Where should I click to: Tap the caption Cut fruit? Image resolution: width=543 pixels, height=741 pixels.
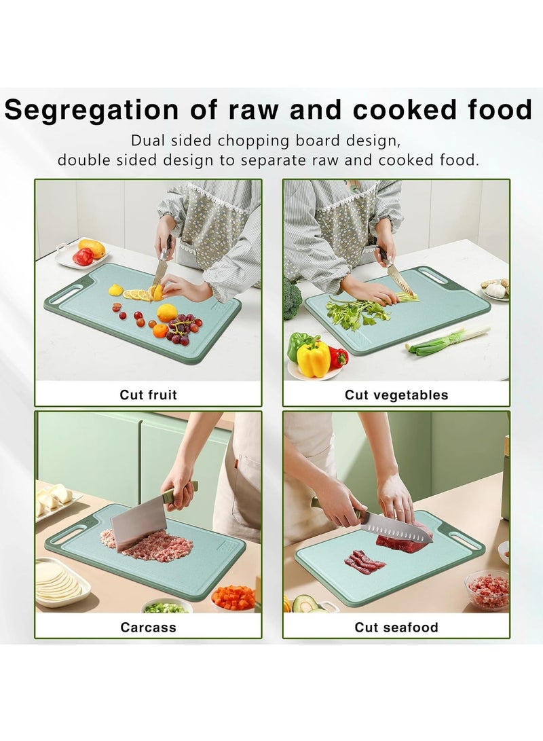click(148, 394)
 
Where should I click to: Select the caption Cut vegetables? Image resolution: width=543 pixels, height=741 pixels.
click(396, 394)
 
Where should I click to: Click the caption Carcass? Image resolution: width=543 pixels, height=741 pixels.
click(148, 627)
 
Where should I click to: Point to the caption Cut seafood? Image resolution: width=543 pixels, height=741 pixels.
click(396, 627)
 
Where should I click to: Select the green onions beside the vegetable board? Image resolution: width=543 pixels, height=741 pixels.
click(448, 340)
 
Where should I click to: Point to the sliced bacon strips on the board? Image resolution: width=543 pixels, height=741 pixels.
click(362, 561)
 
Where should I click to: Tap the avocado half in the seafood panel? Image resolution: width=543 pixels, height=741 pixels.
click(304, 603)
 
